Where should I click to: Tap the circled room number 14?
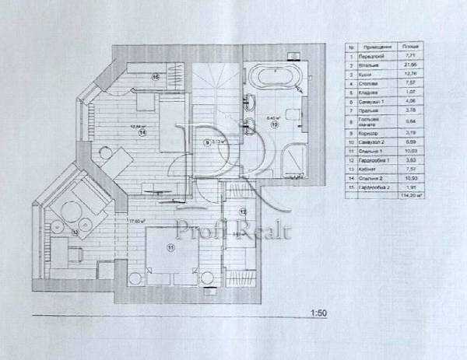(x=143, y=133)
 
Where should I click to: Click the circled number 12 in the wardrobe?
(x=242, y=211)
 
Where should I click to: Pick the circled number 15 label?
(x=155, y=77)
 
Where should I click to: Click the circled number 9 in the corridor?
(x=207, y=142)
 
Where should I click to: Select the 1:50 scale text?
(x=318, y=313)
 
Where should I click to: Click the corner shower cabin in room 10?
(x=294, y=155)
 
